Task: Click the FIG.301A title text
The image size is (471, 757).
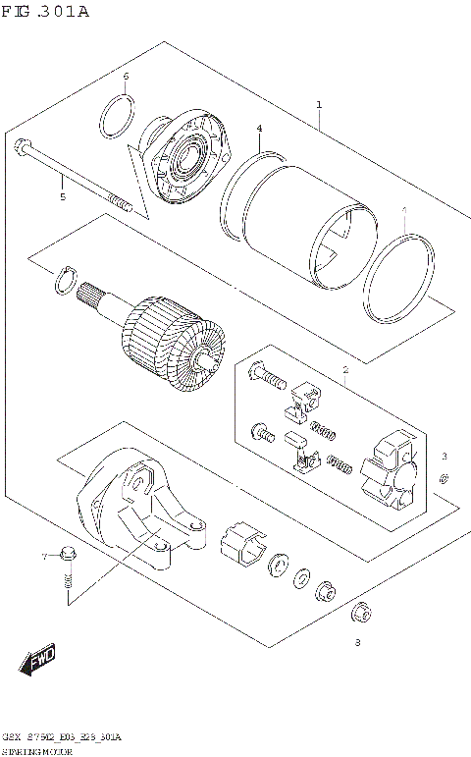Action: point(45,12)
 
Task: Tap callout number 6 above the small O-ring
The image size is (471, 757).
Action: point(126,77)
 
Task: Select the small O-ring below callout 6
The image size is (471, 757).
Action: point(117,119)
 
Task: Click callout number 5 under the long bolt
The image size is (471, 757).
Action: point(62,197)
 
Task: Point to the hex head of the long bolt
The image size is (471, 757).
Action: point(22,148)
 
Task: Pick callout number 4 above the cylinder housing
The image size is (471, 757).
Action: point(259,129)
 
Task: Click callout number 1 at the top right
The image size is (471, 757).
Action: point(318,104)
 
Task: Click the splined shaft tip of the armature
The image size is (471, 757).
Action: point(96,294)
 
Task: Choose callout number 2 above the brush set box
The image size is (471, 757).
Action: point(345,370)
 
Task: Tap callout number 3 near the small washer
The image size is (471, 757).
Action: point(444,457)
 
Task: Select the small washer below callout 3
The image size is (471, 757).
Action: point(444,478)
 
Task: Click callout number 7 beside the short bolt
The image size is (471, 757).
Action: point(44,558)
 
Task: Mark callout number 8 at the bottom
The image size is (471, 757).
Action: point(357,644)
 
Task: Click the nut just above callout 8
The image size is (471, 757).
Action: point(361,611)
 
